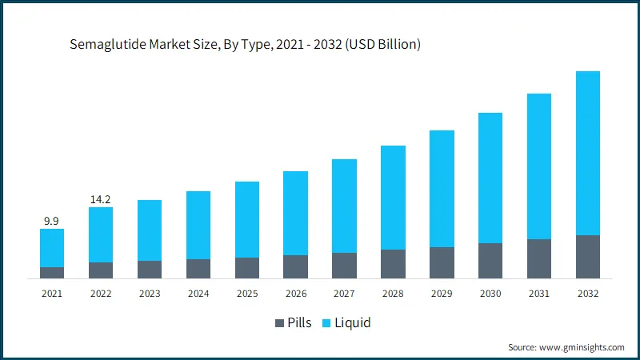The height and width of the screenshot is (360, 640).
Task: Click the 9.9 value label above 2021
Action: click(x=52, y=219)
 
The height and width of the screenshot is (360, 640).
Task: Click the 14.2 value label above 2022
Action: click(x=101, y=198)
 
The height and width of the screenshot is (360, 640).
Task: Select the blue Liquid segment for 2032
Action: click(x=587, y=153)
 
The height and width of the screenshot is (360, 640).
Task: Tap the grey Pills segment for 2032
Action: click(x=587, y=257)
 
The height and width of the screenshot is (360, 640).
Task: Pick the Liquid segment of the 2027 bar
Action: click(x=344, y=206)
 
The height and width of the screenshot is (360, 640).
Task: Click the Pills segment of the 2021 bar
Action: click(x=52, y=273)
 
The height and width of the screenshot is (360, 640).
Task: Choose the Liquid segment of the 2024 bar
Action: click(x=198, y=225)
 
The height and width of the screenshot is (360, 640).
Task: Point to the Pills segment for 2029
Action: click(x=442, y=262)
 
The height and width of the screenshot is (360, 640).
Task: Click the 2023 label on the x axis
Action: click(x=150, y=294)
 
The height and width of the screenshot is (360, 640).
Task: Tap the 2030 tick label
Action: click(x=490, y=294)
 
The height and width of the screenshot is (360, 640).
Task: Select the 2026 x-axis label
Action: click(x=295, y=294)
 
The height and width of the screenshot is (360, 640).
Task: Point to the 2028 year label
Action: click(x=393, y=294)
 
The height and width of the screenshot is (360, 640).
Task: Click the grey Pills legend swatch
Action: click(x=279, y=323)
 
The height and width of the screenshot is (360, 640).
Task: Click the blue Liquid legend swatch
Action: click(x=326, y=323)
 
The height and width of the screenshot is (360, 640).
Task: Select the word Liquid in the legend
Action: click(x=353, y=323)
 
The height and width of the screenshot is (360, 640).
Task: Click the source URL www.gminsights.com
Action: click(x=582, y=347)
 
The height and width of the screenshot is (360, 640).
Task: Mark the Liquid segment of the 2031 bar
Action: click(x=538, y=166)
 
